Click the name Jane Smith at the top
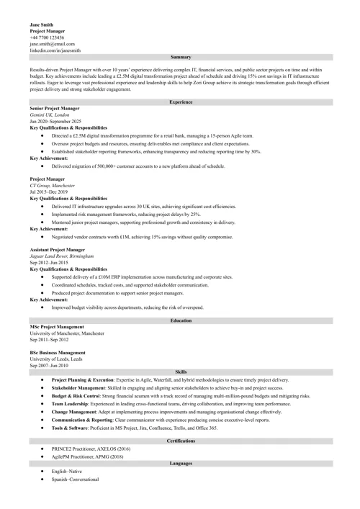pyautogui.click(x=42, y=24)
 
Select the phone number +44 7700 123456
pyautogui.click(x=47, y=37)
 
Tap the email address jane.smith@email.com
pyautogui.click(x=52, y=44)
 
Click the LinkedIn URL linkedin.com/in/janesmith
pyautogui.click(x=55, y=50)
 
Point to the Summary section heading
pyautogui.click(x=181, y=56)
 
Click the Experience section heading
pyautogui.click(x=181, y=102)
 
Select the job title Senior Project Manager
pyautogui.click(x=55, y=108)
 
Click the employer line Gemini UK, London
pyautogui.click(x=50, y=114)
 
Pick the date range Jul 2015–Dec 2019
pyautogui.click(x=49, y=192)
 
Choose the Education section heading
pyautogui.click(x=181, y=320)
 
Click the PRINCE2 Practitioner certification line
pyautogui.click(x=91, y=448)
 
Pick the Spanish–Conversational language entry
pyautogui.click(x=76, y=479)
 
